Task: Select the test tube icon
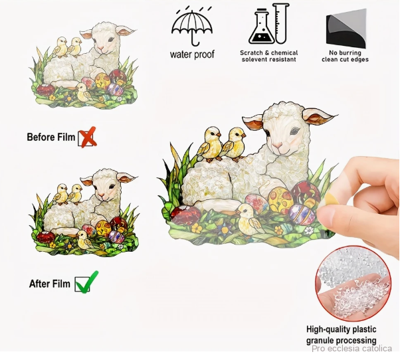coord(281,23)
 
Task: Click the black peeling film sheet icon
coord(346,29)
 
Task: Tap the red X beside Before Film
coord(88,137)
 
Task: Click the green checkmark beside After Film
coord(86,282)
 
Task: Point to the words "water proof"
coord(192,54)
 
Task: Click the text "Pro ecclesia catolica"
coord(351,349)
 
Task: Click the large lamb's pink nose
coord(277,146)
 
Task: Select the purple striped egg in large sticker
coord(302,214)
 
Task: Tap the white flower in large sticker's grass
coord(309,230)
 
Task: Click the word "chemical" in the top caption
coord(284,53)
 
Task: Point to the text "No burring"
coord(345,53)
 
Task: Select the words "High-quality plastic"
coord(342,329)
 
